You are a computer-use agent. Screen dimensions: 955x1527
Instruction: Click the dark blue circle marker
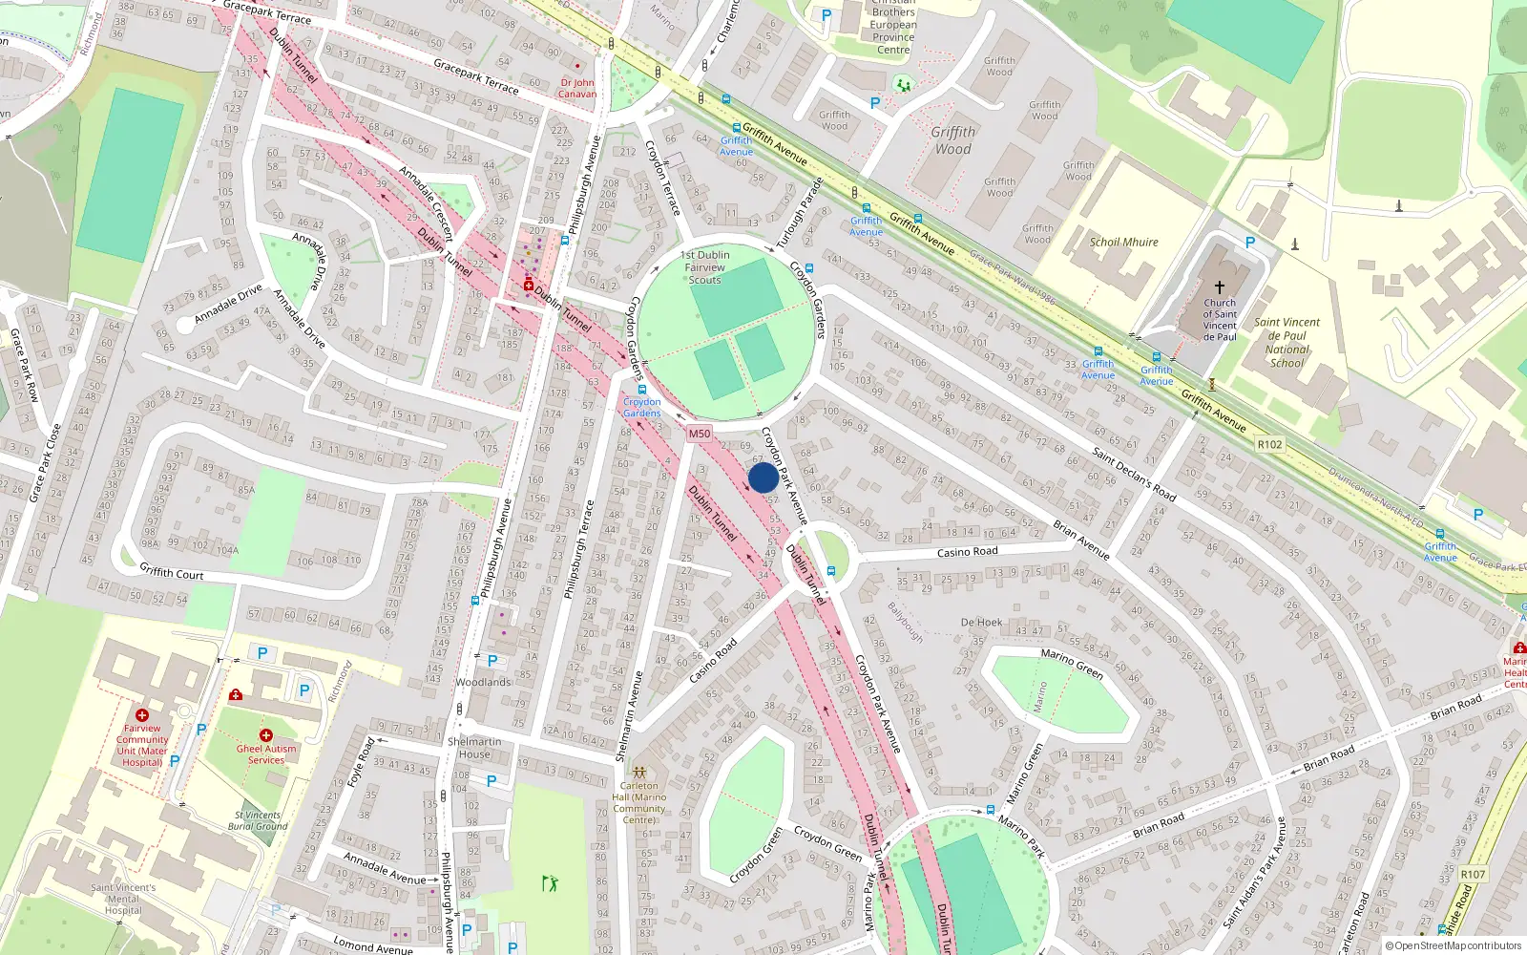point(763,477)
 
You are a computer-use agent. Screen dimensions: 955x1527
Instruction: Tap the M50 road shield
point(700,434)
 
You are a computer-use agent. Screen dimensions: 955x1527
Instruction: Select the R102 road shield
point(1269,444)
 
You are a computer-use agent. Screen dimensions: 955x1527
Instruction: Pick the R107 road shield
point(1473,874)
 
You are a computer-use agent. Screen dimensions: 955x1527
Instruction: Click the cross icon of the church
point(1219,286)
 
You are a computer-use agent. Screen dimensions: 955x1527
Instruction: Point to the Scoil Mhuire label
point(1123,243)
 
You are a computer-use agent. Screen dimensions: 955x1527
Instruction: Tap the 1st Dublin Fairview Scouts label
point(705,267)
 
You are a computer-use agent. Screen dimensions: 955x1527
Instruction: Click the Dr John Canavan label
point(577,88)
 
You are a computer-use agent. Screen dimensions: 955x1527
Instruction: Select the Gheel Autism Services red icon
point(266,735)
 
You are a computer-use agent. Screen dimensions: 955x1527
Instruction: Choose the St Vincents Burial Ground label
point(258,820)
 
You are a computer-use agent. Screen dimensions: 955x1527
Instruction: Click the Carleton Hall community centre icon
point(639,772)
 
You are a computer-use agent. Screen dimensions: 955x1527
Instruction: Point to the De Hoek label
point(981,623)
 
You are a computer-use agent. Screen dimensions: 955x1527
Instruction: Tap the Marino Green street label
point(1072,664)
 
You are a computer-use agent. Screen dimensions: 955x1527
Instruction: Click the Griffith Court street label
point(172,572)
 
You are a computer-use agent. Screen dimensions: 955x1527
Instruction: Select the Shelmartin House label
point(474,748)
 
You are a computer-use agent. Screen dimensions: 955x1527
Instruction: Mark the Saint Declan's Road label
point(1134,474)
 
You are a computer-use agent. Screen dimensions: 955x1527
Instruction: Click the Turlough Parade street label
point(799,213)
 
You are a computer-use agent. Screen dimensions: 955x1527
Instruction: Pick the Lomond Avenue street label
point(372,945)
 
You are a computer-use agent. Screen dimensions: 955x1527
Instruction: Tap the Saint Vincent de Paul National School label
point(1286,343)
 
